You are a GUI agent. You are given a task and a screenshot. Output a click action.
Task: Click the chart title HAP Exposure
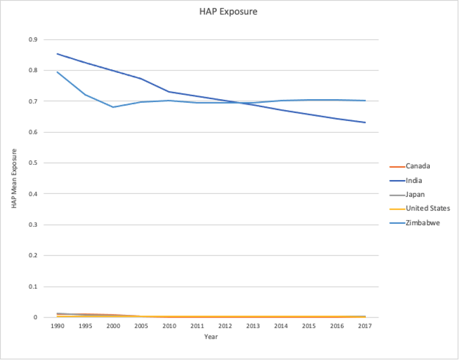pos(228,11)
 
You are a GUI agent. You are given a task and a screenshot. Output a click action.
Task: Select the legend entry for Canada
pos(418,166)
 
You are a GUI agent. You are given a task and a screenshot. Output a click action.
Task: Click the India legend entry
pos(414,180)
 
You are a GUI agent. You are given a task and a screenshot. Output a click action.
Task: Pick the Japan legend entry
pos(415,194)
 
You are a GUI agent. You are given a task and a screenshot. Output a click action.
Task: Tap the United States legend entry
pos(428,208)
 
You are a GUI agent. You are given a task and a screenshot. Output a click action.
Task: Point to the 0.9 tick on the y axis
pos(33,40)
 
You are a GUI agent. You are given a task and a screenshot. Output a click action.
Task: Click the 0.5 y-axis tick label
pos(33,163)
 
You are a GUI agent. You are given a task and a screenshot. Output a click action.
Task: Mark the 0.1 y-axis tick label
pos(33,286)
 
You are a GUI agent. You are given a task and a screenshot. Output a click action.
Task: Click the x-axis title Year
pos(211,337)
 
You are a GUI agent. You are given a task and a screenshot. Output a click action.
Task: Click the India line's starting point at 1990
pos(57,54)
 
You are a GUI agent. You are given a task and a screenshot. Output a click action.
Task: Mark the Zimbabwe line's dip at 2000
pos(113,107)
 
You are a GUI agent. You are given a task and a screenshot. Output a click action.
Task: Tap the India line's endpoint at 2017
pos(365,122)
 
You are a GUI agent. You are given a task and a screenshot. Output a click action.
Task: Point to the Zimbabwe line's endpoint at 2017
pos(365,100)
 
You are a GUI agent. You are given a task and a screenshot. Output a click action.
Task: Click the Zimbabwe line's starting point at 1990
pos(57,72)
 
